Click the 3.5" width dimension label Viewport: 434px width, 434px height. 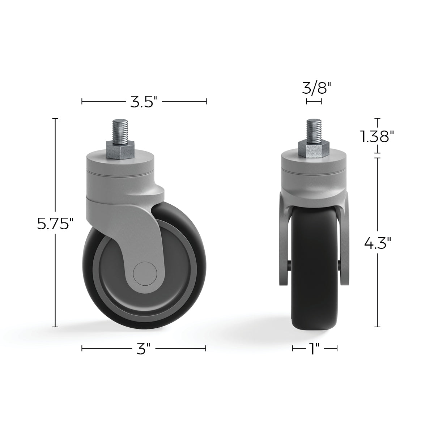tap(144, 102)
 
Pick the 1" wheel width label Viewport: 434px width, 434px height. tap(315, 349)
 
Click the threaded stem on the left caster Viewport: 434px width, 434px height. tap(120, 130)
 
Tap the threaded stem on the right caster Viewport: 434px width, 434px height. tap(314, 130)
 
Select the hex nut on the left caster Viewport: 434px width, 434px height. tap(120, 149)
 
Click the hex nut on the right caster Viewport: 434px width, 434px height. tap(314, 149)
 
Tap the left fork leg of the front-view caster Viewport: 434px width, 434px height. tap(284, 246)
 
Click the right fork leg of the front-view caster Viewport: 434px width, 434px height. tap(345, 246)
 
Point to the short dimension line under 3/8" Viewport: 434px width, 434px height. tap(314, 102)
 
